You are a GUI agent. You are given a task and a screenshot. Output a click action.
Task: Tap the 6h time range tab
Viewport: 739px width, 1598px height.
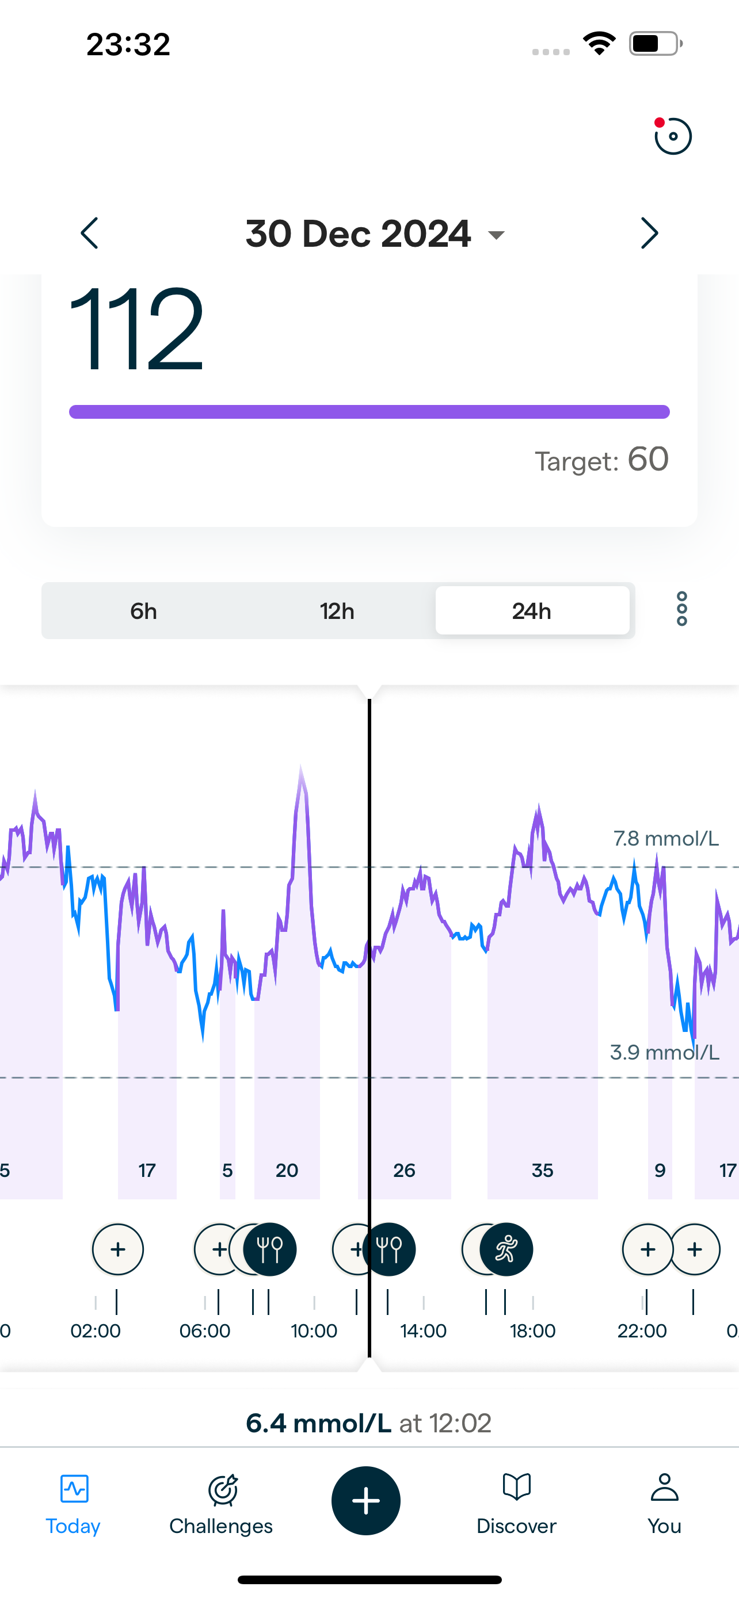[x=143, y=611]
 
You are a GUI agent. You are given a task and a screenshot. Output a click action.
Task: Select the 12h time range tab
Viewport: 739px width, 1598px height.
[x=337, y=611]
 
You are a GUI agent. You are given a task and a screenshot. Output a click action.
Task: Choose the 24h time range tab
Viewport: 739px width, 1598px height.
[x=532, y=611]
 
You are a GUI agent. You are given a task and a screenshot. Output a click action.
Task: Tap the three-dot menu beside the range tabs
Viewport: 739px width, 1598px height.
[x=681, y=609]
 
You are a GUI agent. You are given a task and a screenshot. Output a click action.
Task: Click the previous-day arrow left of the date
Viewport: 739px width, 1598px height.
[x=90, y=233]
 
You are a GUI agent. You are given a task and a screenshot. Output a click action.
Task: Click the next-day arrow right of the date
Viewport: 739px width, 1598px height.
[x=649, y=233]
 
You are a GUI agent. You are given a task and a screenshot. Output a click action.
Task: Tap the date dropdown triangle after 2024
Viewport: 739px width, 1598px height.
[x=496, y=235]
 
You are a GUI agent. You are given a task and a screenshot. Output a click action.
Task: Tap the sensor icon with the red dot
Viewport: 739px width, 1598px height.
[x=673, y=136]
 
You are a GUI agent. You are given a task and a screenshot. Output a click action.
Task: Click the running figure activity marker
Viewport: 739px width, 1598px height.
[x=506, y=1249]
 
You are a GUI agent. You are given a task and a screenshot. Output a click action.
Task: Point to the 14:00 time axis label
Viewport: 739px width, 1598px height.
[x=423, y=1331]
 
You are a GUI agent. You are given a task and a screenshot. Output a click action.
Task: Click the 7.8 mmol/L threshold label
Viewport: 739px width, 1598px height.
[x=666, y=839]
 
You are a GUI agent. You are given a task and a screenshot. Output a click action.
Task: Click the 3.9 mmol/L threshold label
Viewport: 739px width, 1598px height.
[x=665, y=1052]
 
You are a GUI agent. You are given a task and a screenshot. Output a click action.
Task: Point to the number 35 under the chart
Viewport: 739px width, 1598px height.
[x=542, y=1171]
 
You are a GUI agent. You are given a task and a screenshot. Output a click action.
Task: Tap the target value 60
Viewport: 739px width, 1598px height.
[x=648, y=460]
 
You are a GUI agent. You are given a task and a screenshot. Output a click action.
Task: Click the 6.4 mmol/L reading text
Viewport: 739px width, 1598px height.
[x=319, y=1423]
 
